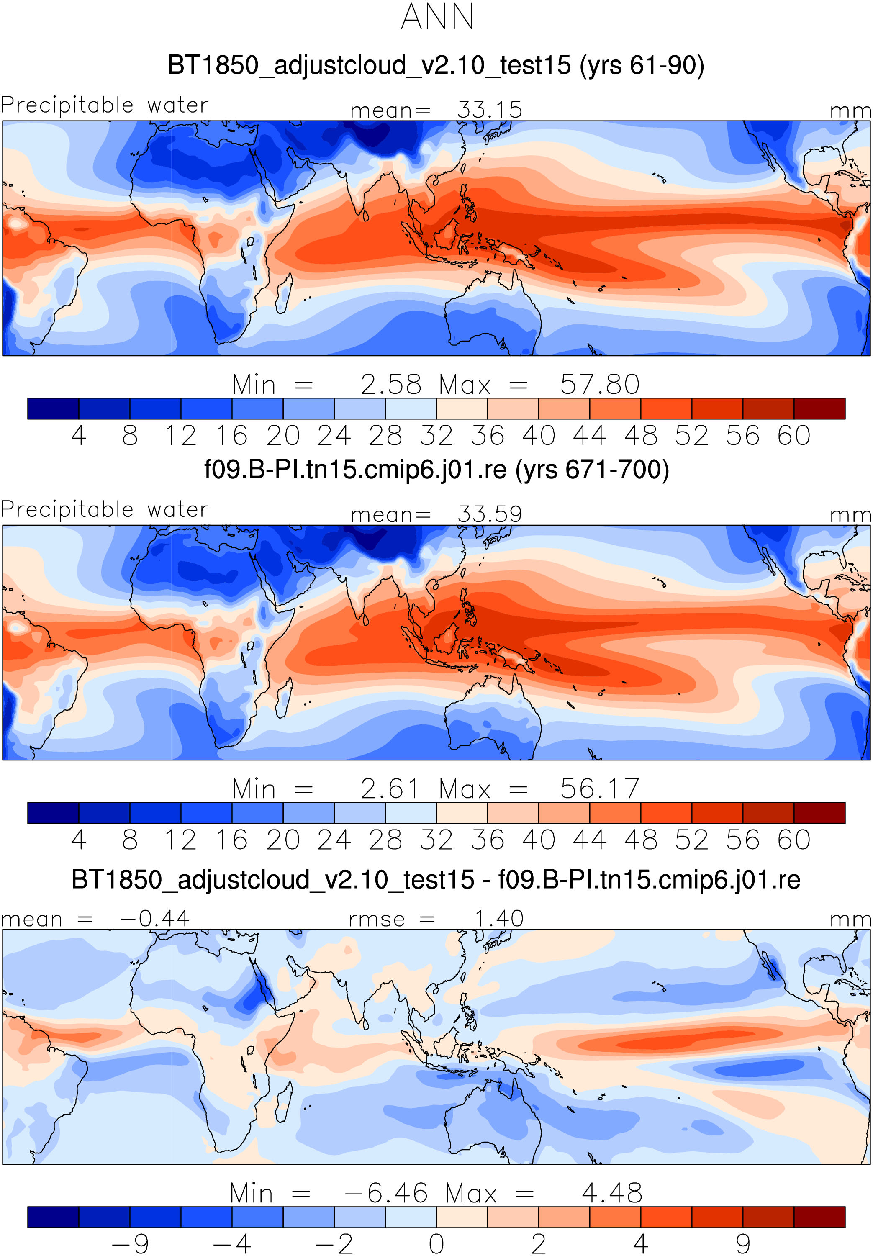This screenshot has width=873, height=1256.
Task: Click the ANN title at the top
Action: point(437,16)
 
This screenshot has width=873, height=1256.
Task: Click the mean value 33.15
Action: point(490,110)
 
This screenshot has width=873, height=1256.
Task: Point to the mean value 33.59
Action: point(490,514)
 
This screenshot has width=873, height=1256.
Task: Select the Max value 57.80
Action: point(600,384)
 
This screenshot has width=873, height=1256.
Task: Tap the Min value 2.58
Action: point(390,384)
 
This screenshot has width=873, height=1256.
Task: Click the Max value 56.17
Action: point(600,789)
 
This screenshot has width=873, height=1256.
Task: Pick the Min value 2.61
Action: point(390,789)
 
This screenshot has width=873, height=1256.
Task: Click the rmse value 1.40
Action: point(499,919)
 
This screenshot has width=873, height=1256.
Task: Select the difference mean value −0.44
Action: point(155,919)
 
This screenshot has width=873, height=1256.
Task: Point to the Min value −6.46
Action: point(386,1193)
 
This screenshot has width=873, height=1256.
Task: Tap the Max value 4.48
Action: point(612,1193)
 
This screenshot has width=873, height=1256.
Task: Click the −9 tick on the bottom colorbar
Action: point(130,1243)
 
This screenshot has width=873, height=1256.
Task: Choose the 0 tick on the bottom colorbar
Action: point(436,1243)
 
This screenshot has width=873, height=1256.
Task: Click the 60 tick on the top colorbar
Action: point(793,435)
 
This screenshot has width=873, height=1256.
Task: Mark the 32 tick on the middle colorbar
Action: point(436,840)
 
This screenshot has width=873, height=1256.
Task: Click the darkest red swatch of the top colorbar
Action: point(819,408)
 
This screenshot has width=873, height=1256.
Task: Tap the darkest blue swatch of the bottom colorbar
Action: point(53,1217)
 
